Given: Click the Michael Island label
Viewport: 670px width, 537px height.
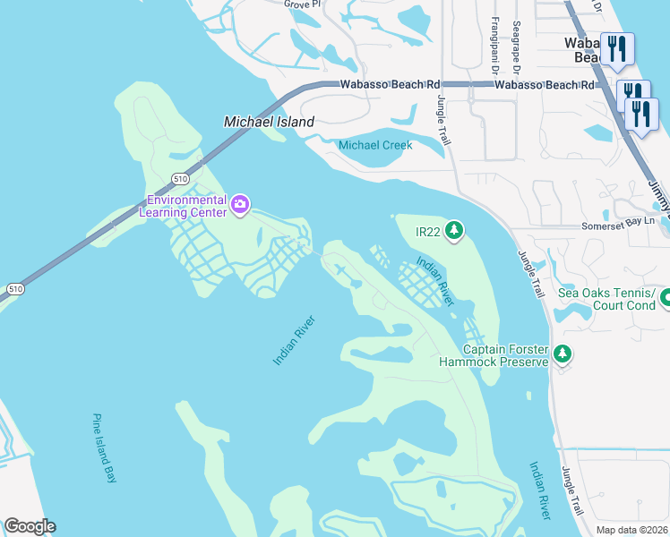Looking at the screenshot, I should coord(269,122).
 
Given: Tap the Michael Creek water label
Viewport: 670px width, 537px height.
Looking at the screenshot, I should coord(375,145).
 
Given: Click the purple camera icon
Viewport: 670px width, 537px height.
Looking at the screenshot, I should coord(240,205).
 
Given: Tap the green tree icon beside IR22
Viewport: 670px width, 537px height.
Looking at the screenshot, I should coord(454,231).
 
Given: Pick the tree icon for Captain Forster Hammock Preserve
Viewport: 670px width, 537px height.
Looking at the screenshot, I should coord(562,354).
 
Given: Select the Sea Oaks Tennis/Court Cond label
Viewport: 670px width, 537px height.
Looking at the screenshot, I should coord(606,298).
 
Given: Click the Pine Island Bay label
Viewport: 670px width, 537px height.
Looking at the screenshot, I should coord(105,448).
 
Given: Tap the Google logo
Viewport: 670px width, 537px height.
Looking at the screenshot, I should coord(30,526).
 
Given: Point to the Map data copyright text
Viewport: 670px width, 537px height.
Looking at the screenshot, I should coord(632,530).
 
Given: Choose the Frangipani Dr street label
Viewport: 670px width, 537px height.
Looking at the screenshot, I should coord(494,45).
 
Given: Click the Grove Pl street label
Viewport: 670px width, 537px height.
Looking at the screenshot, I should coord(302,4).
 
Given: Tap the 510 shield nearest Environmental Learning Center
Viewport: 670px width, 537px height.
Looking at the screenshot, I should coord(181,177).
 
